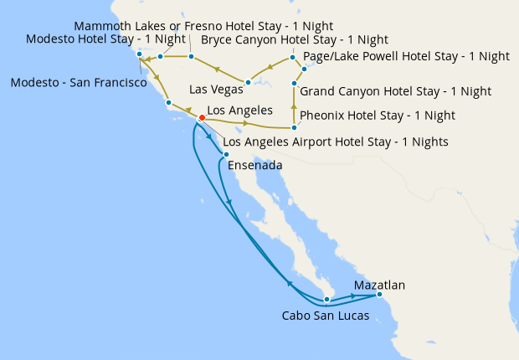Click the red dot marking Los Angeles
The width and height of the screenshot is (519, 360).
pos(202,118)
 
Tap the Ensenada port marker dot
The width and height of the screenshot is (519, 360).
pos(226,154)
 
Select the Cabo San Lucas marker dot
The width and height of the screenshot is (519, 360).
pos(328,299)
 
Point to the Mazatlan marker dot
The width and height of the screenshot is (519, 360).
pos(379,294)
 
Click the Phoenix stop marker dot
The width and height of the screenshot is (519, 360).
pos(295,127)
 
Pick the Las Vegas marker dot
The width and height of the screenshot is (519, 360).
pos(248,82)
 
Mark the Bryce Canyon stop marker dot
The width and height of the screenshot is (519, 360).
pos(292,58)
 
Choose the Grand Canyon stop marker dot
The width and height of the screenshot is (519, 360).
pos(295,84)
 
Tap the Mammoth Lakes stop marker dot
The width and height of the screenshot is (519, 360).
pos(191,57)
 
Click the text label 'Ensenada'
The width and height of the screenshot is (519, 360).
pos(254,166)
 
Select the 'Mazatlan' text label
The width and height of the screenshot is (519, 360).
pos(379,285)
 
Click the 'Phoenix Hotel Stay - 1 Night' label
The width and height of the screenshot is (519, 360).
pos(377,115)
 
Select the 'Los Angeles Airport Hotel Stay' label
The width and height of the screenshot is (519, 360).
pos(335,141)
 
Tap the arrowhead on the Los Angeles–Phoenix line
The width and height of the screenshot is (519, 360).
pos(244,124)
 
